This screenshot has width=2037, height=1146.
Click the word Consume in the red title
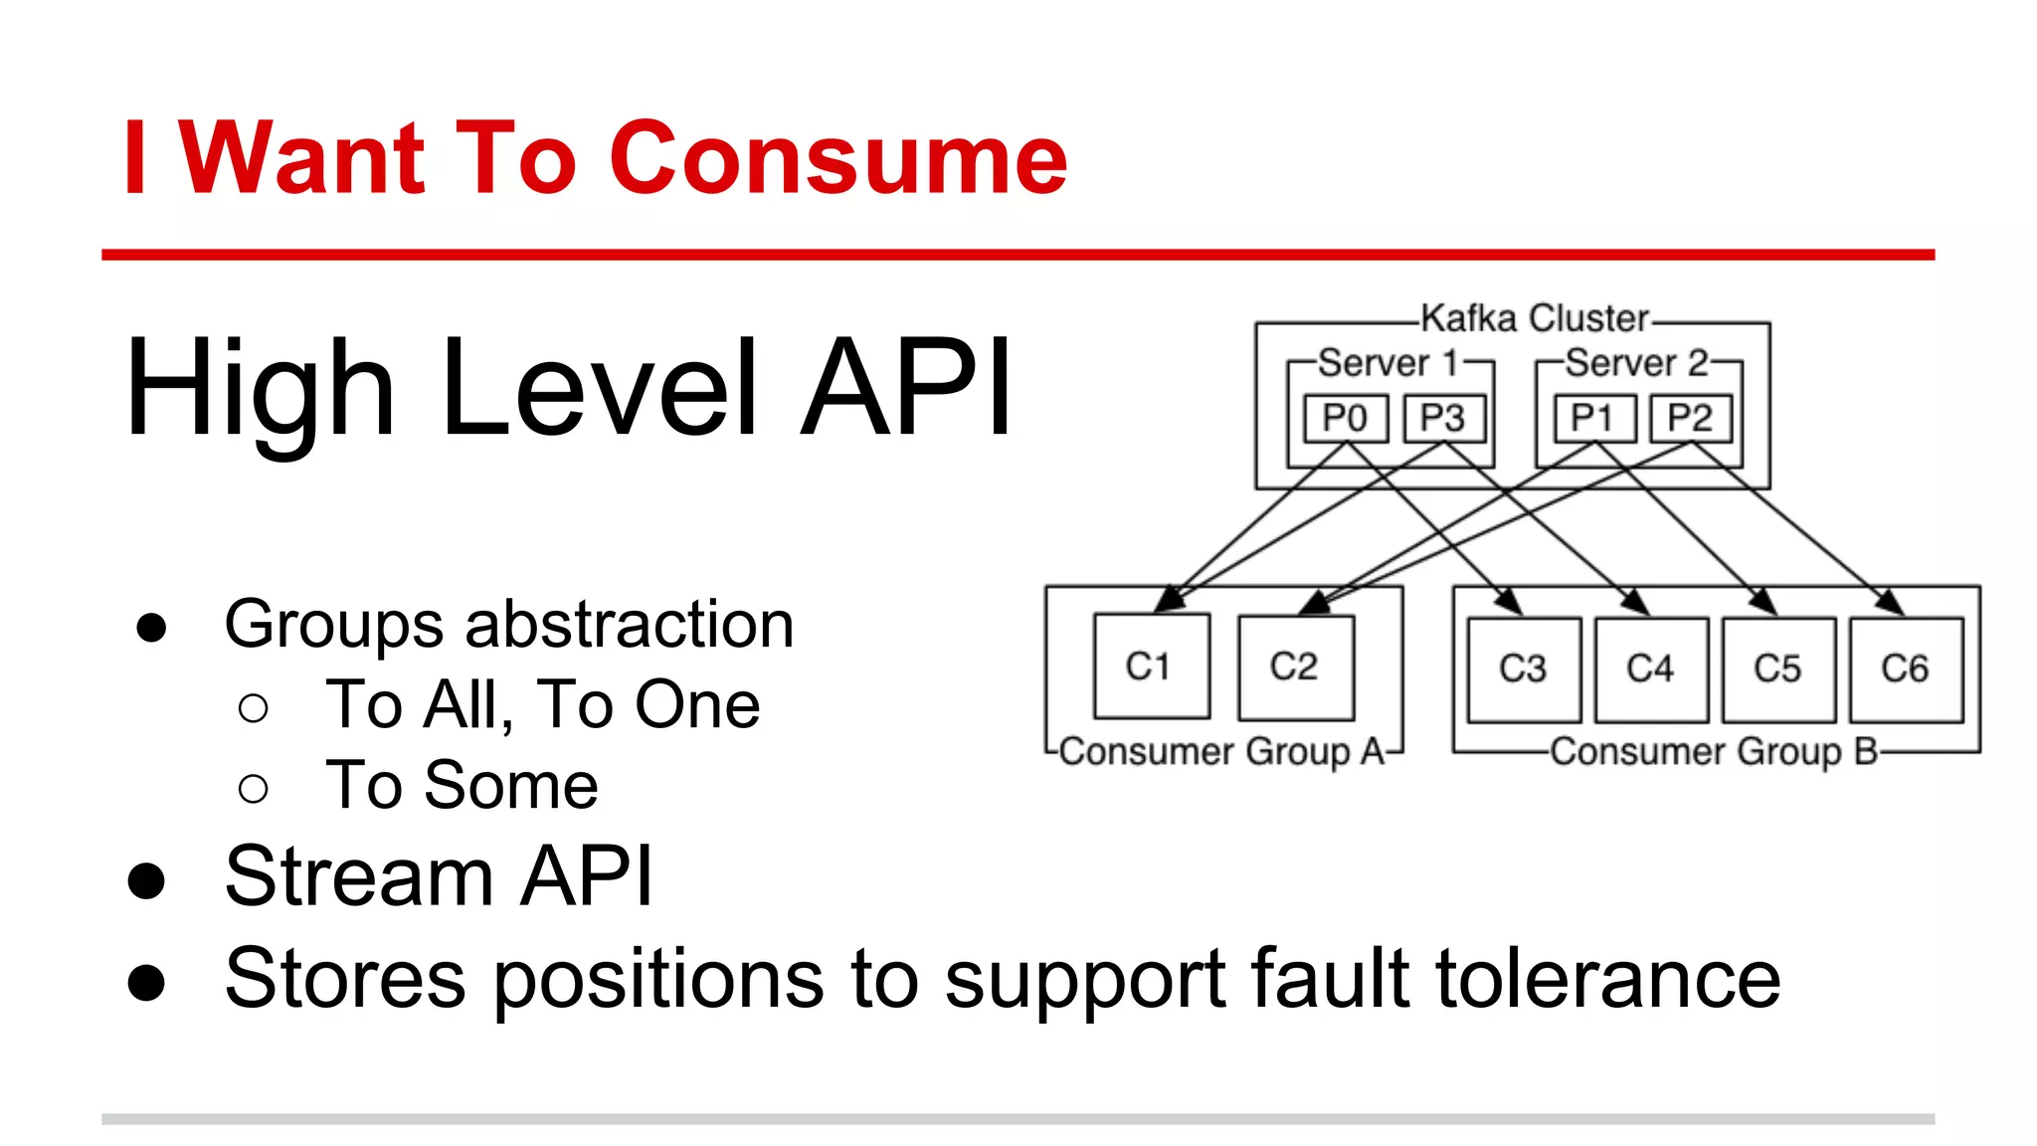(838, 158)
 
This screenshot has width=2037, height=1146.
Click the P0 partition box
(1345, 418)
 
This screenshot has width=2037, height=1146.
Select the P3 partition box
(1443, 418)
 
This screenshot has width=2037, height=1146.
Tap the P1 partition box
(1593, 418)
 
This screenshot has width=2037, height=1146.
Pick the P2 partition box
(1691, 418)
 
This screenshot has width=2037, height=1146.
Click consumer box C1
(1151, 666)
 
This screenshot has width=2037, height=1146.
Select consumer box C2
(1295, 666)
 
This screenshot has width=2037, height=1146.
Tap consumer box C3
(1524, 668)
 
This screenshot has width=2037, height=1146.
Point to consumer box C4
(1651, 668)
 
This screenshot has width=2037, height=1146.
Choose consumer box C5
(1778, 668)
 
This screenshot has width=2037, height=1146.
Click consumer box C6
(1906, 668)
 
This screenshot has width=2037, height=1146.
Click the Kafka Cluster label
(1535, 318)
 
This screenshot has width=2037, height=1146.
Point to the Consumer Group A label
(1222, 752)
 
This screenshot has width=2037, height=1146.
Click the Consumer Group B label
(1714, 752)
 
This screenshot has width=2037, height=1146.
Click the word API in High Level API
(907, 388)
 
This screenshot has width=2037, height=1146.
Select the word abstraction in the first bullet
(630, 625)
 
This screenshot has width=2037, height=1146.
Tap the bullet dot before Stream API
(147, 880)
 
